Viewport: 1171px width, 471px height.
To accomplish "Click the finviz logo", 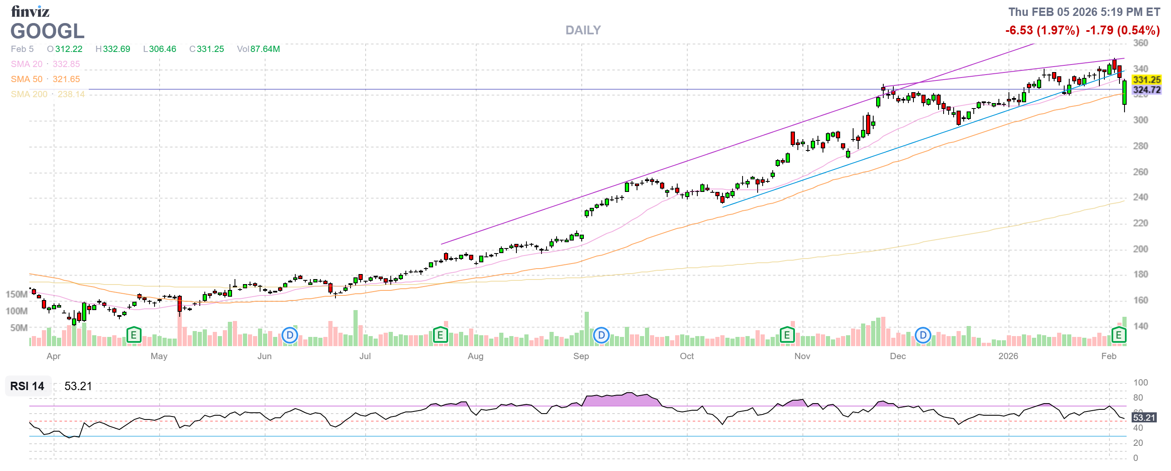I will coord(30,11).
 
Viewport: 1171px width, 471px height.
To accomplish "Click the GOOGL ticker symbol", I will coord(47,31).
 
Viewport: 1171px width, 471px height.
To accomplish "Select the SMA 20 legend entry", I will coord(26,64).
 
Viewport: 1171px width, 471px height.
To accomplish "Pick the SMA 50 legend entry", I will coord(26,79).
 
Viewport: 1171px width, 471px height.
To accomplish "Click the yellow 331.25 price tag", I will coord(1146,80).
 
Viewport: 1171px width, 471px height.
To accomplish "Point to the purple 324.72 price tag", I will coord(1146,90).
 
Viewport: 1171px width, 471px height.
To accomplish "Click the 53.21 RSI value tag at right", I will coord(1143,417).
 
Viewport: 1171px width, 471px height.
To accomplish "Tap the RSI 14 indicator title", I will coord(27,386).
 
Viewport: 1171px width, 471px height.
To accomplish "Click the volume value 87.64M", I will coord(265,49).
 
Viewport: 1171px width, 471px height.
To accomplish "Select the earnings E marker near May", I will coord(134,335).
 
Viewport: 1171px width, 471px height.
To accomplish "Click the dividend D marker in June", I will coord(289,336).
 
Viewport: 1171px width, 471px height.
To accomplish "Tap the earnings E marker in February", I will coord(1118,335).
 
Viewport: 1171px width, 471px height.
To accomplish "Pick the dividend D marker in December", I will coord(923,336).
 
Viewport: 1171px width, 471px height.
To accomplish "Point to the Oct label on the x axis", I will coord(686,356).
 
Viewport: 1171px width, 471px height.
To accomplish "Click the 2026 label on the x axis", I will coord(1008,356).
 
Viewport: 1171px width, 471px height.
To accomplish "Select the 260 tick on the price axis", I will coord(1140,172).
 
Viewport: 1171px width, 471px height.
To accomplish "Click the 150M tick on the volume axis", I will coord(16,294).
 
